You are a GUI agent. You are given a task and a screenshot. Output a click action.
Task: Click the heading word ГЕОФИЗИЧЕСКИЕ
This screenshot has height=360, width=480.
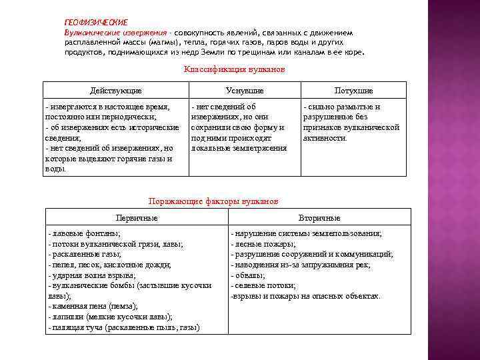96,23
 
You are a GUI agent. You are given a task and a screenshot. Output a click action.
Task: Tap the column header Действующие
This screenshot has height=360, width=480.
116,90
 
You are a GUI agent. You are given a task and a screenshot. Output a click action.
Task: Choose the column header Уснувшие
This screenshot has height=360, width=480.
245,90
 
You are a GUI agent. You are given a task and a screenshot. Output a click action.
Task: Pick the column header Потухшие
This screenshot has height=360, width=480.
353,90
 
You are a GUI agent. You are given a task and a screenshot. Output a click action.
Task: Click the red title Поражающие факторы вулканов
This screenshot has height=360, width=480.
213,201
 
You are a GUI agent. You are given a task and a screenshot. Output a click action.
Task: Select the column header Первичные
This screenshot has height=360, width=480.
137,218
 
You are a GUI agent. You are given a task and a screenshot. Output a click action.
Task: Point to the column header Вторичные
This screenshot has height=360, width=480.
319,218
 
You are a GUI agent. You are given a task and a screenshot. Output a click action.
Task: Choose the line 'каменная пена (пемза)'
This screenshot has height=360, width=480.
93,306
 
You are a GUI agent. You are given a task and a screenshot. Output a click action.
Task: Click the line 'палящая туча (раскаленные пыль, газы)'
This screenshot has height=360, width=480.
124,327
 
